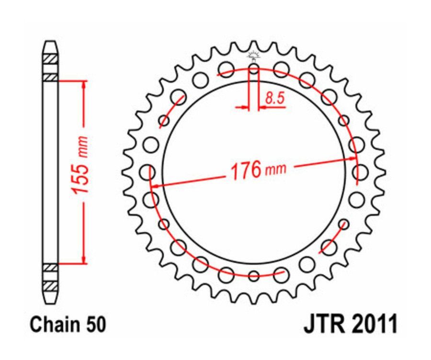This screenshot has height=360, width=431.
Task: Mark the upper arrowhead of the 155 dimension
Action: pos(85,84)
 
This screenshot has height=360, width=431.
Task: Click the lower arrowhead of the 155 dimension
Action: pos(85,260)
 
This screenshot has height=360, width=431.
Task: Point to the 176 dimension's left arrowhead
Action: pos(155,185)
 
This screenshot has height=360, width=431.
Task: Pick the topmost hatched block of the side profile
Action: pos(50,59)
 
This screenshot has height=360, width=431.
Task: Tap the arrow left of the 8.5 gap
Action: pos(243,108)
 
